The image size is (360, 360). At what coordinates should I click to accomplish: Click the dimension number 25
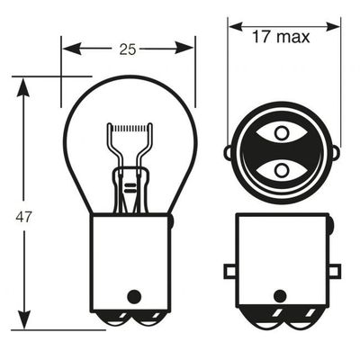click(x=128, y=49)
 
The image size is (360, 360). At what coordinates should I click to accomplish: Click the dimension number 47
click(x=23, y=217)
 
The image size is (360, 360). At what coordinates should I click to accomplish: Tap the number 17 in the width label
click(x=261, y=37)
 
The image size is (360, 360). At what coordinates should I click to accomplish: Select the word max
click(x=292, y=38)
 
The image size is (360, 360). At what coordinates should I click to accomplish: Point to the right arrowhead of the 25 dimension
click(x=184, y=48)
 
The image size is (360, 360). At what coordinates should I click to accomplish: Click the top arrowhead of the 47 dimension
click(x=23, y=87)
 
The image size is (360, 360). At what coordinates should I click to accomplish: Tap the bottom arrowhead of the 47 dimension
click(x=24, y=320)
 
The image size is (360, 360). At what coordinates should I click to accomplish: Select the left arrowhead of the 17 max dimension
click(x=236, y=26)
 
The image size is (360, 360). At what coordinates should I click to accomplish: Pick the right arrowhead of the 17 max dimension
click(x=333, y=26)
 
